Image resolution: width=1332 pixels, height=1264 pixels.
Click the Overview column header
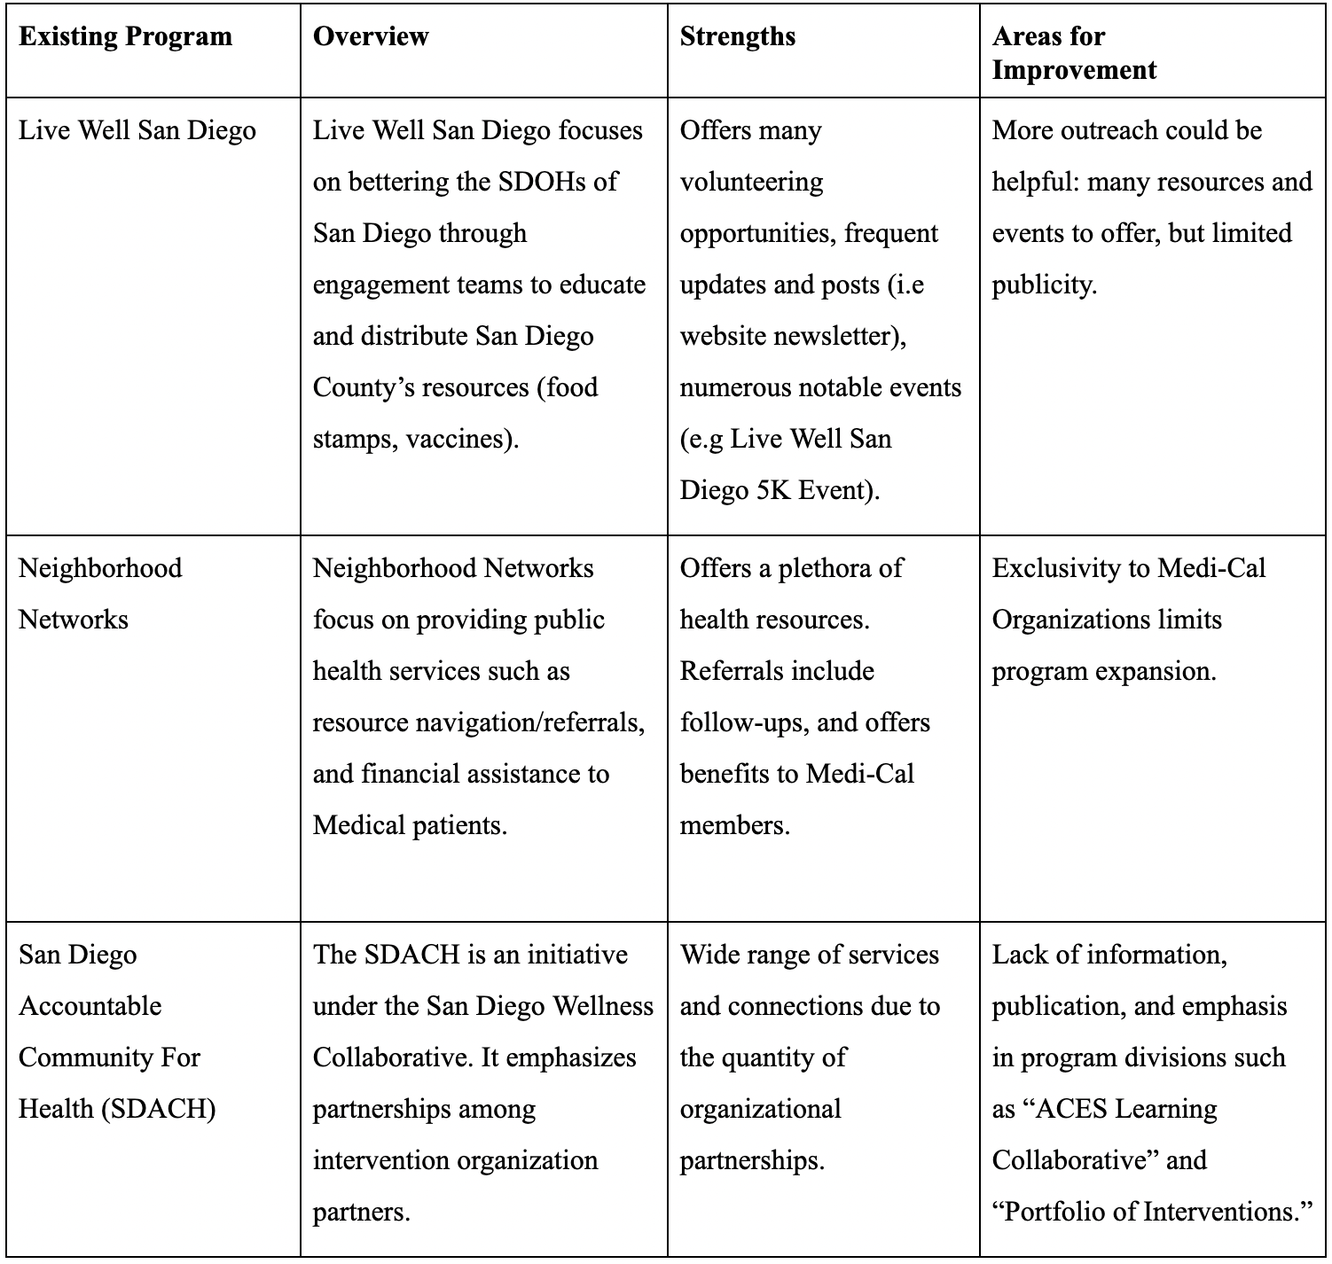(x=371, y=36)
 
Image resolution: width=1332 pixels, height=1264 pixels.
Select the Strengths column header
(x=737, y=36)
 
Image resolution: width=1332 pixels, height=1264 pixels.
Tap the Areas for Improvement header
(x=1074, y=53)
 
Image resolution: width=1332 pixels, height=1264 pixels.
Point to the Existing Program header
(x=125, y=36)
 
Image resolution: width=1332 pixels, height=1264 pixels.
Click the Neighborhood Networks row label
(x=100, y=593)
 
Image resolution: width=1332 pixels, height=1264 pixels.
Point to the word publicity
(x=1044, y=285)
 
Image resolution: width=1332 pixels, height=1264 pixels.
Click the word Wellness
(x=603, y=1006)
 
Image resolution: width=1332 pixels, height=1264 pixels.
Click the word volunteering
(x=751, y=182)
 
